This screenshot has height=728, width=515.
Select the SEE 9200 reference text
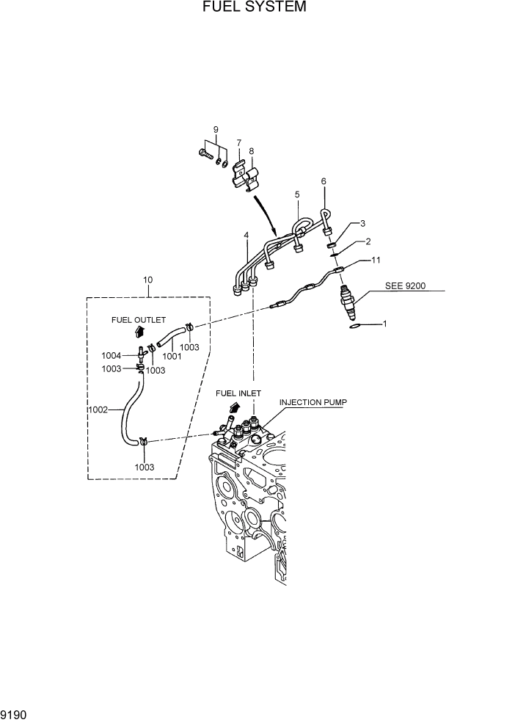[x=405, y=285]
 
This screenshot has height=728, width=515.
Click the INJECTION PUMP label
[x=312, y=403]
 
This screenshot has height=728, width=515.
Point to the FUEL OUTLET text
[x=139, y=320]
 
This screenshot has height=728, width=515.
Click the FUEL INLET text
[x=238, y=393]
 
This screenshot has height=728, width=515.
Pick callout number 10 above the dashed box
[x=148, y=280]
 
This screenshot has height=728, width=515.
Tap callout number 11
[x=376, y=260]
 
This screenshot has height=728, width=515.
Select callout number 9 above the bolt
[x=216, y=130]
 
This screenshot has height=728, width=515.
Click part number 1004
[x=112, y=356]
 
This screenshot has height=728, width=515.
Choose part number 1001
[x=172, y=356]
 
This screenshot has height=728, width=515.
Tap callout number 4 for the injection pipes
[x=246, y=236]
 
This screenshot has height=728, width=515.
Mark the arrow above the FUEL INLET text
[x=235, y=407]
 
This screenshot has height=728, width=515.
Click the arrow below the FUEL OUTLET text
[x=139, y=332]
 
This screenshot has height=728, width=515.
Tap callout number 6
[x=324, y=181]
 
